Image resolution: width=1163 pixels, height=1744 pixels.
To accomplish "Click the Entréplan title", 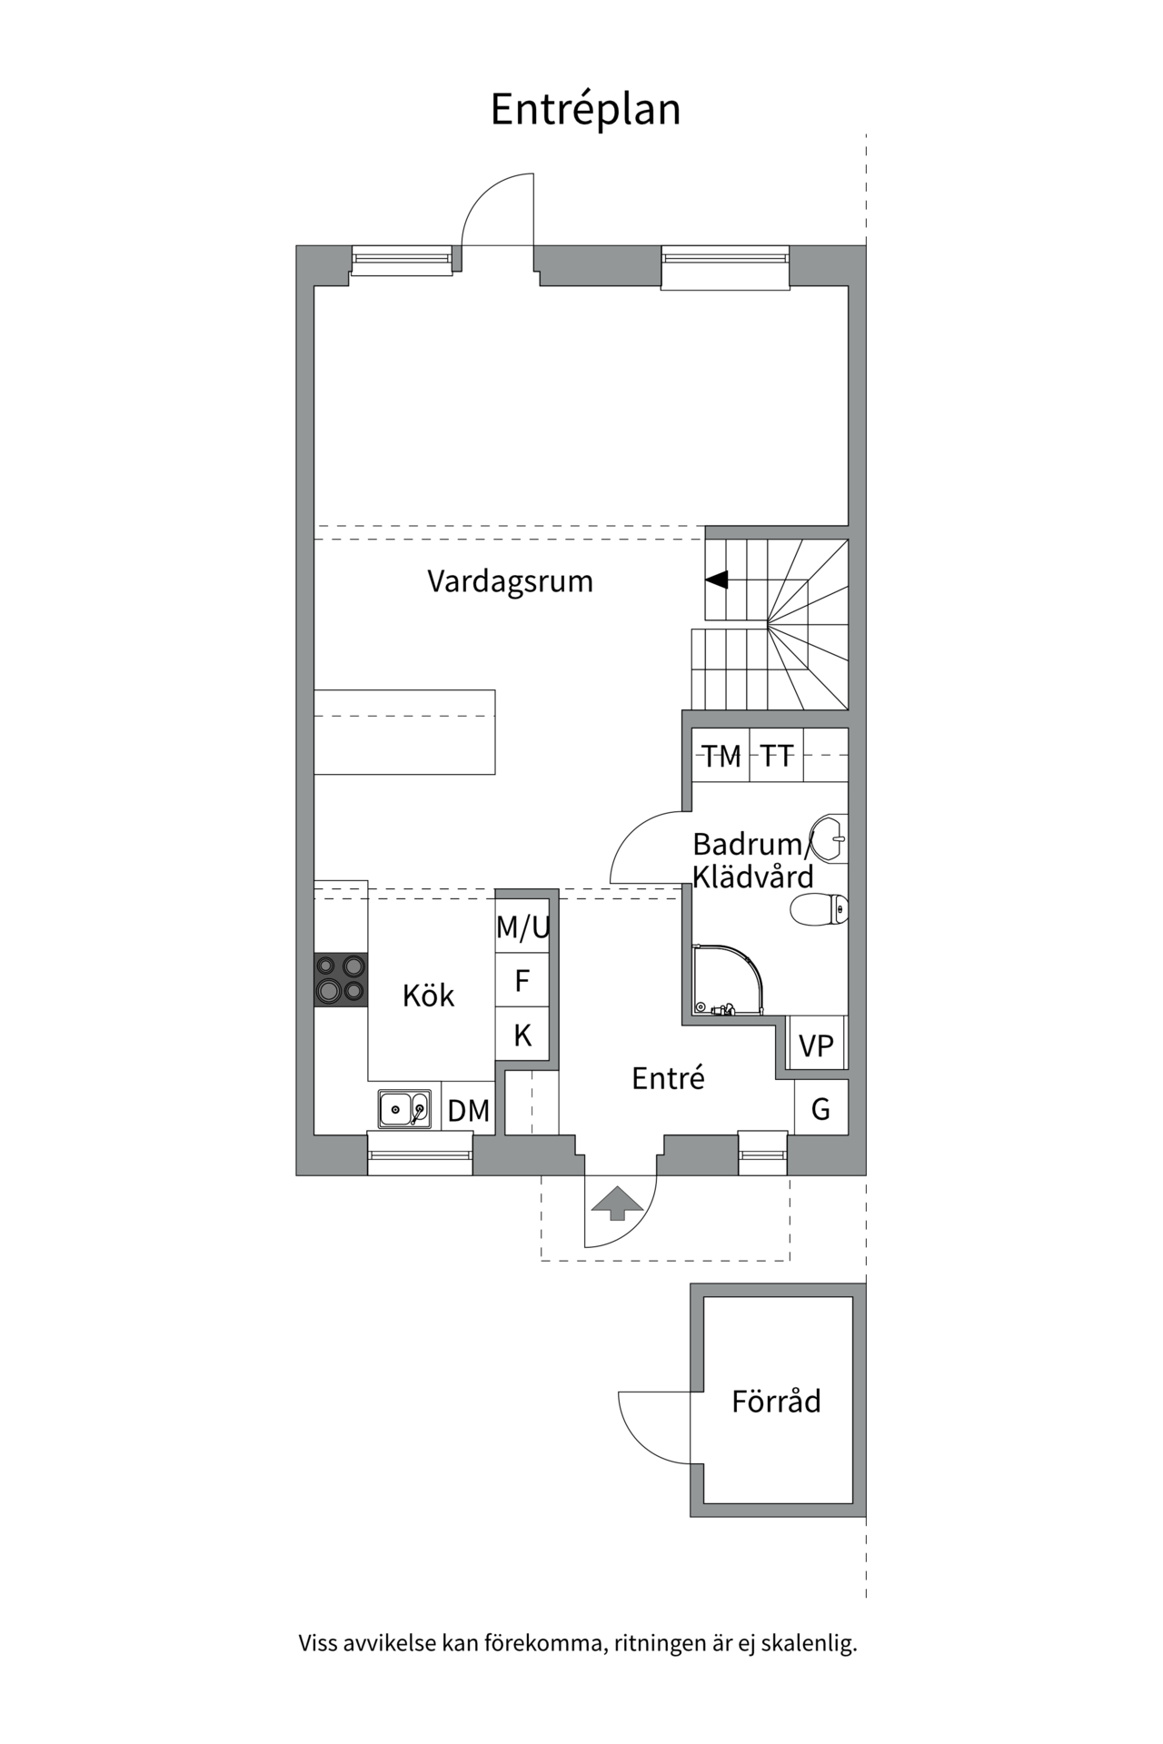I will point(585,110).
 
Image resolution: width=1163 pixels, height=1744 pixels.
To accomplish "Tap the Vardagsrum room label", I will point(510,581).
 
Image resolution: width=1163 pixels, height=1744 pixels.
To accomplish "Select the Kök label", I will point(428,996).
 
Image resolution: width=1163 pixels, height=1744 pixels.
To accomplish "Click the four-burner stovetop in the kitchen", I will point(341,979).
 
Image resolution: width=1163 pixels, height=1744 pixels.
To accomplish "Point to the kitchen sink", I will point(403,1108).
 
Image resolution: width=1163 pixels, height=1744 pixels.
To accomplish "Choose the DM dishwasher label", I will point(469,1110).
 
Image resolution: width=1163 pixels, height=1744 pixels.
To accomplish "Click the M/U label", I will point(522,927).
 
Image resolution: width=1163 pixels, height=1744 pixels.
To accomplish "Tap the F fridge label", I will point(522,981).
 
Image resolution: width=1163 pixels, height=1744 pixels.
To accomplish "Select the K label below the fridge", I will point(522,1035).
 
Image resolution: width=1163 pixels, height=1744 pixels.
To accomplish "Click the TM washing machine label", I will point(721,756).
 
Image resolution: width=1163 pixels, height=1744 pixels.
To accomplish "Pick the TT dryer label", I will point(777,756).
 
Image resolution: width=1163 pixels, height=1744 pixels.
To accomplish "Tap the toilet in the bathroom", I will point(820,908).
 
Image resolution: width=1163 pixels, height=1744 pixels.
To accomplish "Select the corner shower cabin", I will point(726,980).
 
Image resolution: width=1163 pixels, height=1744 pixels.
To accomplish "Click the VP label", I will point(816,1045).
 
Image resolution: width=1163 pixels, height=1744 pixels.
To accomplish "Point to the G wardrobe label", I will point(820,1108).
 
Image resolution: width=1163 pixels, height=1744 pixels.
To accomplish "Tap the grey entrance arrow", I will point(618,1203).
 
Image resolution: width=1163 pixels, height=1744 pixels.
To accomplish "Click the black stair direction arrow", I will point(717,579).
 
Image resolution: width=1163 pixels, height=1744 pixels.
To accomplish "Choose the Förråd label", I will point(776,1402).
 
